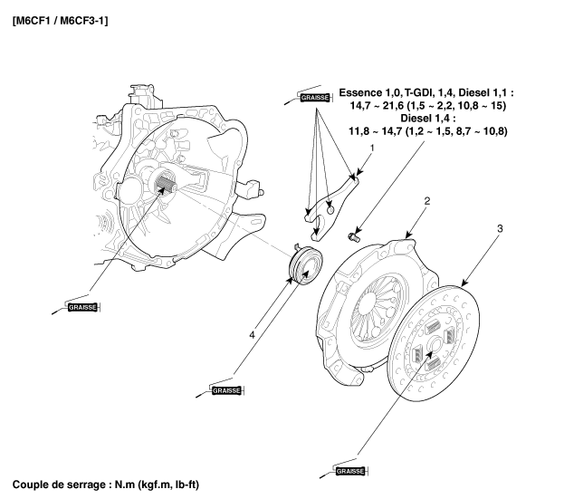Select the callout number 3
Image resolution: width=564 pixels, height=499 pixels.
point(499,229)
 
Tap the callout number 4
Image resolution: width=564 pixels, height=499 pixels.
point(253,336)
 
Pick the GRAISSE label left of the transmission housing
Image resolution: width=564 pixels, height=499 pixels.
point(80,308)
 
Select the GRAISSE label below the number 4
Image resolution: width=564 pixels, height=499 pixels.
point(225,390)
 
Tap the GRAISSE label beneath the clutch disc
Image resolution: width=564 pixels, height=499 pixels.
point(349,472)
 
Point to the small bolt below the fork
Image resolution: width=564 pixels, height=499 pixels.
point(352,236)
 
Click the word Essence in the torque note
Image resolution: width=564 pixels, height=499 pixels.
point(368,92)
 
